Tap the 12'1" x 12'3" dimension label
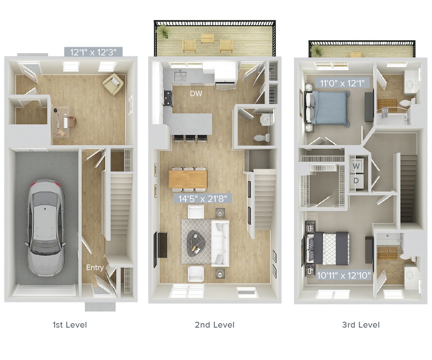[x=93, y=52]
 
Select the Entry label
[x=95, y=267]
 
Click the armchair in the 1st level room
[x=113, y=84]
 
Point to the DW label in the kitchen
[x=196, y=93]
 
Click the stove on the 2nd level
[x=167, y=98]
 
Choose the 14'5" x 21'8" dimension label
[x=203, y=198]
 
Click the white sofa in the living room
[x=220, y=242]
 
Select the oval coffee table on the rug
[x=196, y=241]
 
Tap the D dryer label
[x=357, y=180]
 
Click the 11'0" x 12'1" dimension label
[x=342, y=83]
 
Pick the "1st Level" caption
[x=70, y=325]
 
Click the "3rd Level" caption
[x=360, y=325]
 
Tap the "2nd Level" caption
[x=215, y=325]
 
